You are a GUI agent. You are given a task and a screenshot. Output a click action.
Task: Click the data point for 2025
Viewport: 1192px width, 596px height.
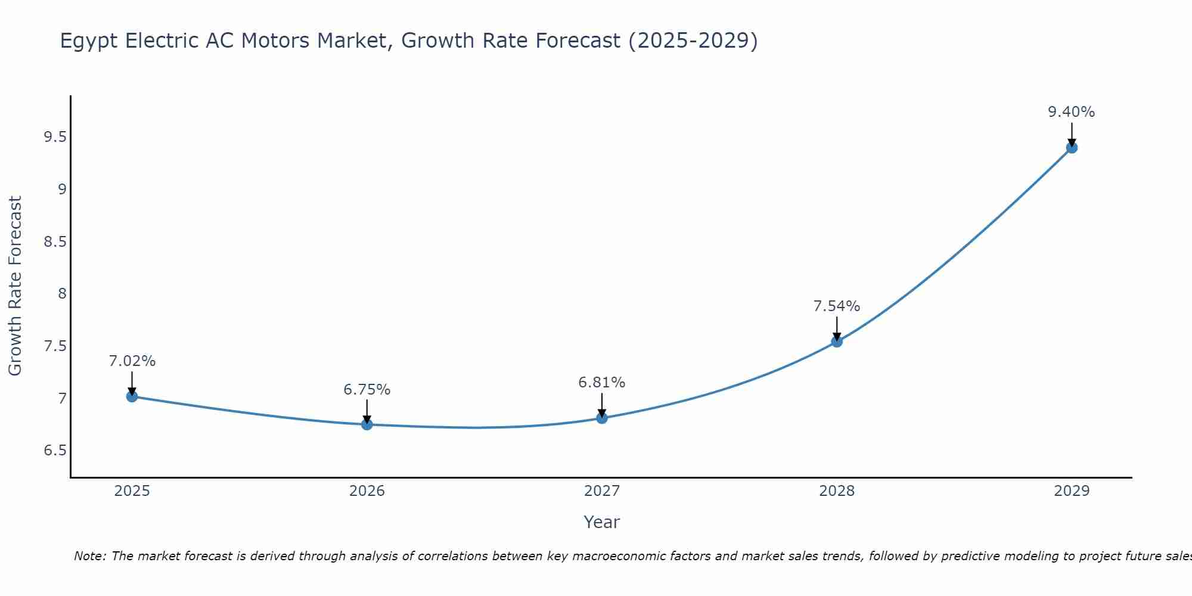(x=132, y=396)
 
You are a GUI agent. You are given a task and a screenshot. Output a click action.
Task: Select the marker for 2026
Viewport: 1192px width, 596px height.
(x=367, y=424)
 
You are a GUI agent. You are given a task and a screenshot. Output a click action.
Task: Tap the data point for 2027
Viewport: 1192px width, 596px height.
(x=602, y=418)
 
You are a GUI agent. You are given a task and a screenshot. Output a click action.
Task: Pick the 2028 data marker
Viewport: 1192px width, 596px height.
(x=837, y=342)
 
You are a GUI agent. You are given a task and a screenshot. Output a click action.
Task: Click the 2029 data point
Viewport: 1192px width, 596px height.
(x=1072, y=147)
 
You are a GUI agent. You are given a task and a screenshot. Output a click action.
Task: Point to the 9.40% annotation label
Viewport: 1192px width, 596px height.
(x=1071, y=112)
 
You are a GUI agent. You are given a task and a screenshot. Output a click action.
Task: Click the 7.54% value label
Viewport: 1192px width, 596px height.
(x=836, y=306)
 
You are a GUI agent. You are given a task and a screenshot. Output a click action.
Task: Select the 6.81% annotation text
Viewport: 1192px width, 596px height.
(x=601, y=383)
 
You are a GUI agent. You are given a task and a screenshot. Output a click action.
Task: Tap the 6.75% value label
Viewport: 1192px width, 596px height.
(x=367, y=390)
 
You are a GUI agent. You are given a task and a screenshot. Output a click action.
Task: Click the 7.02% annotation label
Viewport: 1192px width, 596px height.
(x=132, y=361)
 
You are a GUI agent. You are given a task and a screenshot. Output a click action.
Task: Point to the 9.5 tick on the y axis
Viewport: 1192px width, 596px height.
(x=55, y=138)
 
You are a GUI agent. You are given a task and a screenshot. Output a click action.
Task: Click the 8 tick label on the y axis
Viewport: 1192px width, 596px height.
(x=62, y=294)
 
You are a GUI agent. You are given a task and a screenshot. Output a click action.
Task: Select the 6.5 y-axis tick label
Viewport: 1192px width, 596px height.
(x=55, y=451)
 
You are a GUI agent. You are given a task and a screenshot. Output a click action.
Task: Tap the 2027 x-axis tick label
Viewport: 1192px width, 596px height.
(x=602, y=491)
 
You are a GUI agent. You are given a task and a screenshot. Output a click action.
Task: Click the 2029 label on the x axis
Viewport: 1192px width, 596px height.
(x=1072, y=491)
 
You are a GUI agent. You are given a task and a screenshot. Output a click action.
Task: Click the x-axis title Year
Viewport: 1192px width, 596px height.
(x=601, y=522)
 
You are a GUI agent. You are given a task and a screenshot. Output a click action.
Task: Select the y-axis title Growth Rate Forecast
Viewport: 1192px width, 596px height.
(x=15, y=286)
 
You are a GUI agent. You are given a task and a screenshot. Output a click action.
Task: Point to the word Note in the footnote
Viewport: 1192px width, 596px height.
(x=89, y=556)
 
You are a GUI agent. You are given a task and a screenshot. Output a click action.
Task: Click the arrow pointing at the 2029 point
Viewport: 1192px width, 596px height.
(x=1072, y=134)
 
